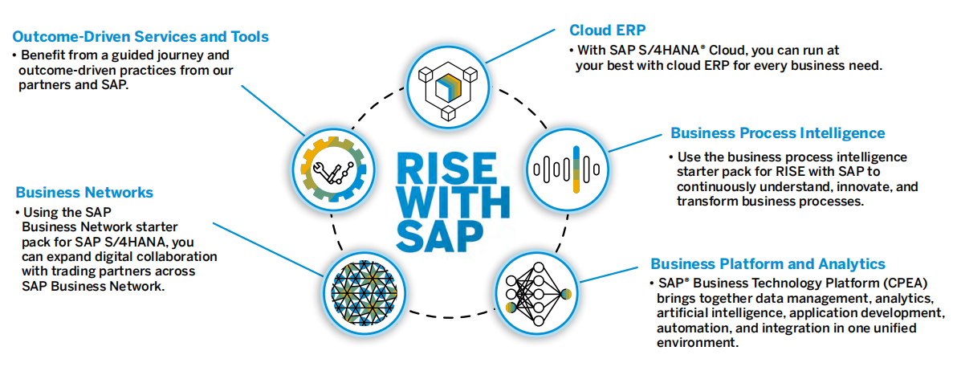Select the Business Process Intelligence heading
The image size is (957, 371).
pos(777,133)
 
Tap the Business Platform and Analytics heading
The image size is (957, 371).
pos(768,264)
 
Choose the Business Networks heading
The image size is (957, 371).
pos(84,193)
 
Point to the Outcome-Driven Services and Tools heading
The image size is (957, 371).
pos(140,37)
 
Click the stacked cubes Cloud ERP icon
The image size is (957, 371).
pos(444,83)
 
